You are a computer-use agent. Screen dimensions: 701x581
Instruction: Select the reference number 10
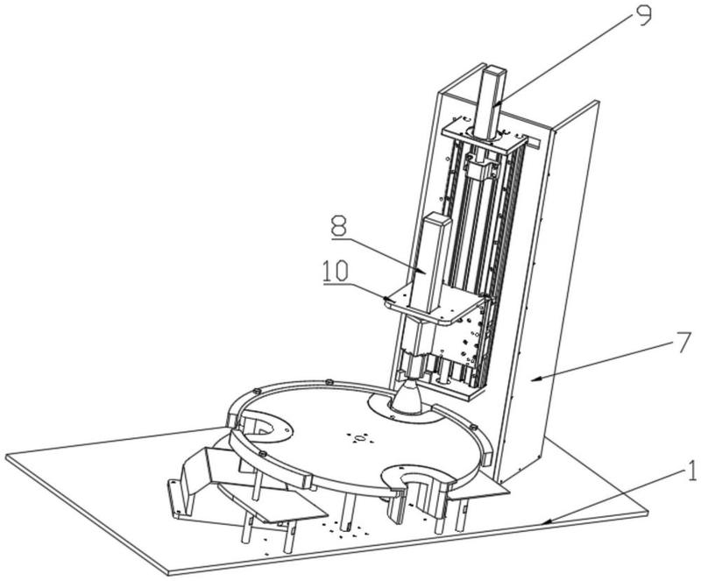tap(336, 271)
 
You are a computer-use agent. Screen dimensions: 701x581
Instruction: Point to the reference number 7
tap(684, 343)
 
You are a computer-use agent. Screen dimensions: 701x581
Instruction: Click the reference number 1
tap(692, 471)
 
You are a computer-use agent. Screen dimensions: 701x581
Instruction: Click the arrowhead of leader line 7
tap(536, 379)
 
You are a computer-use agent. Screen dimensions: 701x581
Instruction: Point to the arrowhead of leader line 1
tap(547, 521)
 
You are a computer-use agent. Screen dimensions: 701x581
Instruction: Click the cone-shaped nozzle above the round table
tap(407, 395)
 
